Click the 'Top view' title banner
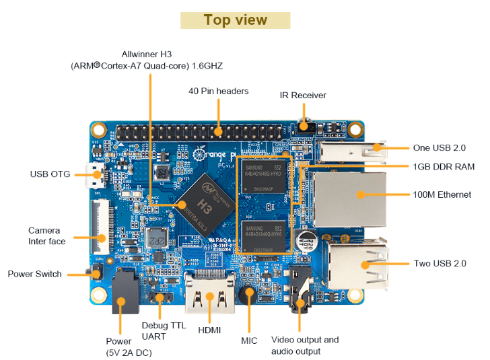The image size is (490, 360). (x=235, y=20)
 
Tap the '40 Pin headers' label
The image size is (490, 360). (x=218, y=91)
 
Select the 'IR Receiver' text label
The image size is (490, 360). (x=303, y=95)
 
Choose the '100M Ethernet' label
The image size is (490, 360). (x=442, y=194)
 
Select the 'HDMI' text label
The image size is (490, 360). (x=210, y=330)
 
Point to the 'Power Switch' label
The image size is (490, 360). (x=34, y=274)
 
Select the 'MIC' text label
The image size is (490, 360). (x=249, y=340)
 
